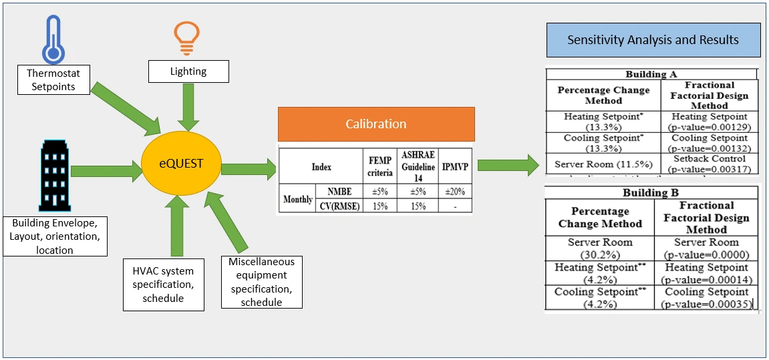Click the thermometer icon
(52, 39)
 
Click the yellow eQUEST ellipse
(180, 164)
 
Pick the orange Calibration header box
(375, 124)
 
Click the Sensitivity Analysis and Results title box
(653, 40)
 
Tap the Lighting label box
(188, 71)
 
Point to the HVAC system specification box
(163, 284)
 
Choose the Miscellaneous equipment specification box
(261, 282)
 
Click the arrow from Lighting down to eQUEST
(188, 106)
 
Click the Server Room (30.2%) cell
(599, 248)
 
